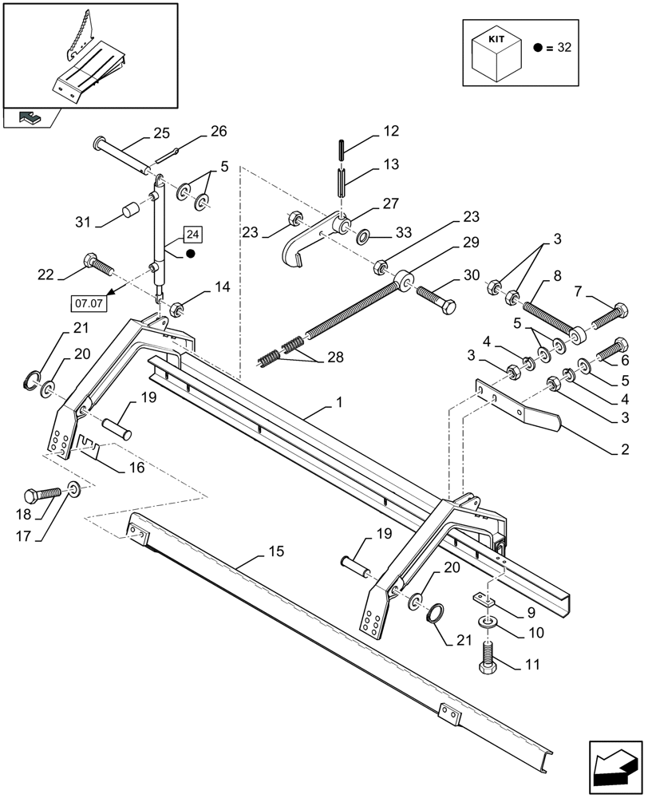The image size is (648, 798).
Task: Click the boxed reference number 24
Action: coord(193,235)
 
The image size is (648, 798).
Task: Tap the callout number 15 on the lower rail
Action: coord(275,552)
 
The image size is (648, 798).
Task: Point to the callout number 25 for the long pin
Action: coord(161,132)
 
